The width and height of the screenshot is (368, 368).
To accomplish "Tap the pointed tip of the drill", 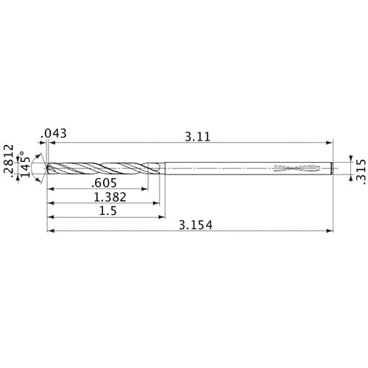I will (47, 169).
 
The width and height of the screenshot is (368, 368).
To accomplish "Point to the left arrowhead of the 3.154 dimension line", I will (51, 232).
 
